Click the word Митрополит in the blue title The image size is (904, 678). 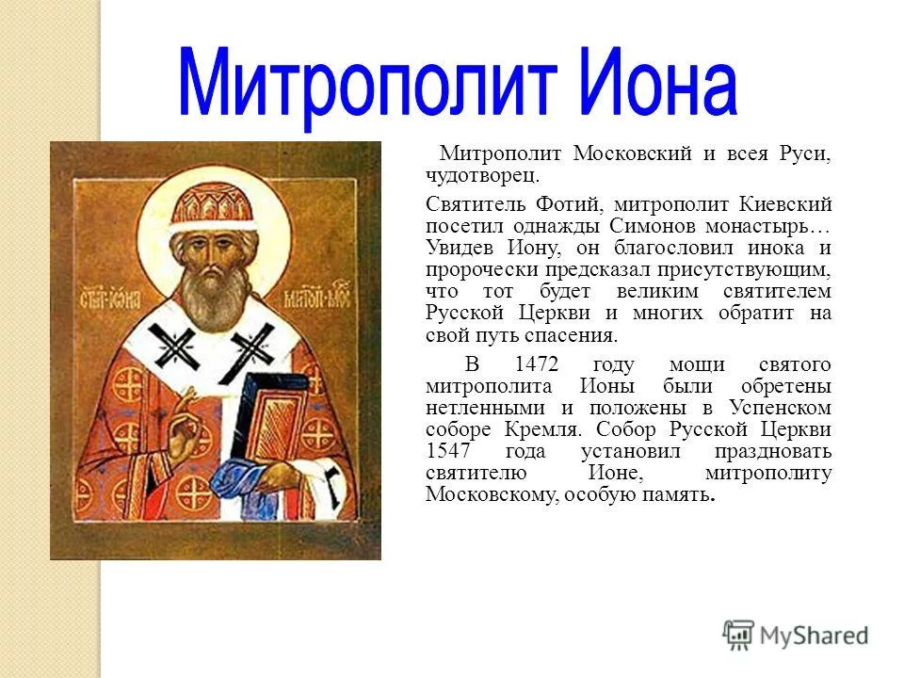(x=368, y=87)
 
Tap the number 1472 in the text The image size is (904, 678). (x=537, y=364)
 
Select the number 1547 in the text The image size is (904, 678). (x=448, y=450)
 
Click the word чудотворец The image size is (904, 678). (x=482, y=175)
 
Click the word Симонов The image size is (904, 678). (x=654, y=226)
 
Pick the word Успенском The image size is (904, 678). (x=780, y=408)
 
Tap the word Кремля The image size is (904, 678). (x=541, y=429)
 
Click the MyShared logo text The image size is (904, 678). (x=814, y=636)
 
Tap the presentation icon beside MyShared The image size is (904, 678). (x=738, y=635)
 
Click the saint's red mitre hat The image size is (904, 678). (x=213, y=207)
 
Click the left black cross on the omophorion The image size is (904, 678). (x=173, y=346)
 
